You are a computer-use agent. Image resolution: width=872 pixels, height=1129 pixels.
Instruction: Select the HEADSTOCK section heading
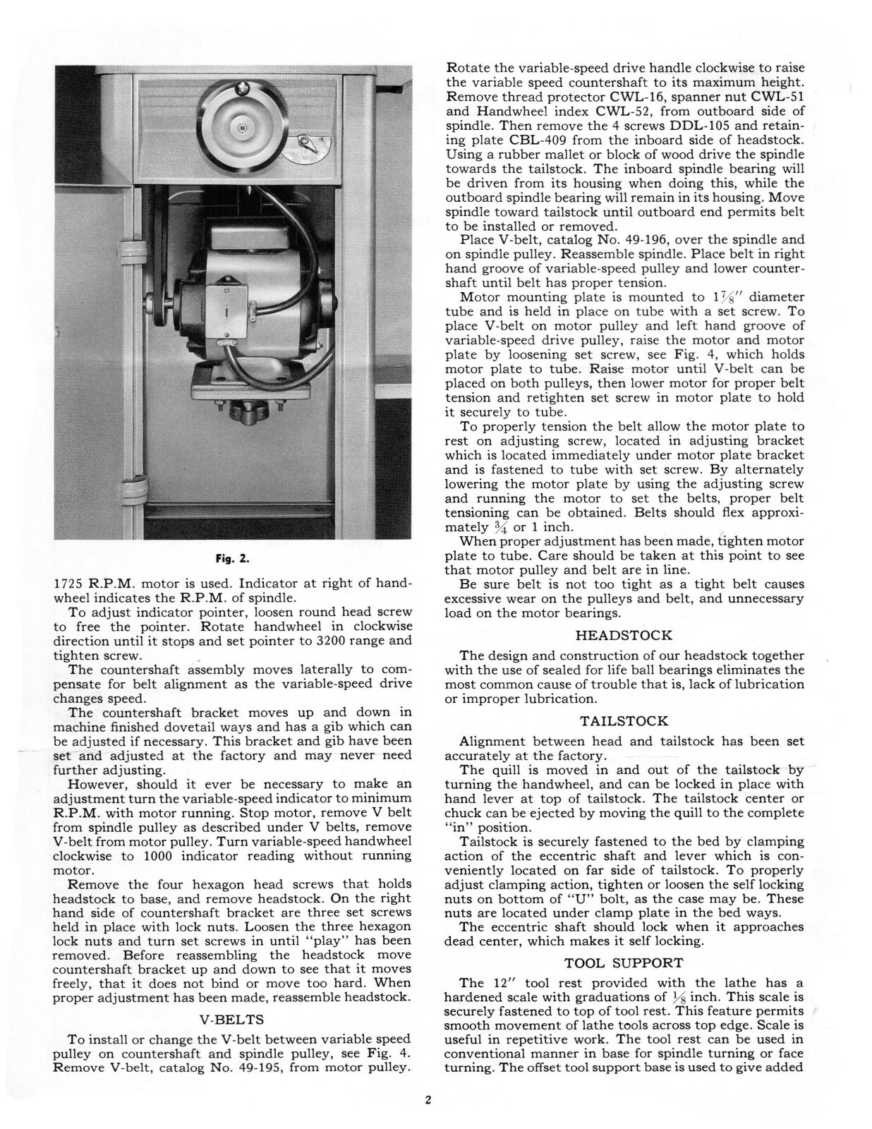[x=624, y=635]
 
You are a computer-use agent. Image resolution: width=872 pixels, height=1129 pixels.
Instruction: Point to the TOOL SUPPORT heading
[x=624, y=962]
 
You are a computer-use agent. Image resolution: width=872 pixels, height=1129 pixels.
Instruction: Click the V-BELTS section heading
[x=233, y=1019]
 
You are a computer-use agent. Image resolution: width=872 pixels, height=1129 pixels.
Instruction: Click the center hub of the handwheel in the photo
[x=242, y=127]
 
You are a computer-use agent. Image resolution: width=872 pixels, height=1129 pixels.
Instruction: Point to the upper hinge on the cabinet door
[x=128, y=251]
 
